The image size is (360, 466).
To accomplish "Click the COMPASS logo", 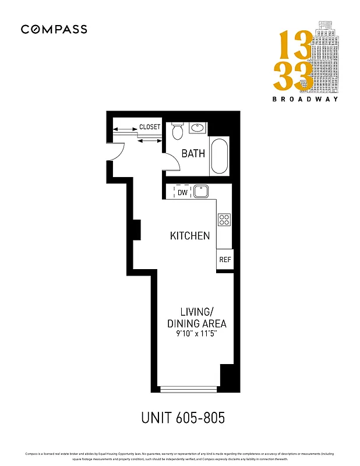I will click(x=54, y=29).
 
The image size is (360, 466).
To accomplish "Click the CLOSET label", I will click(x=150, y=127).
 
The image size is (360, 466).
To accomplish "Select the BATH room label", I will click(x=193, y=154).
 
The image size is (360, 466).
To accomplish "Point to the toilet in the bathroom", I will click(x=178, y=131).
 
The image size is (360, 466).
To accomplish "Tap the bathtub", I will click(x=220, y=156).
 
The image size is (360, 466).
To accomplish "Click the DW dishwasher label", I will click(x=182, y=192).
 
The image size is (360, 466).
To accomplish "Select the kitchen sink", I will click(x=201, y=192).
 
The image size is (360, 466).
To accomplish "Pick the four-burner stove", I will click(x=224, y=220).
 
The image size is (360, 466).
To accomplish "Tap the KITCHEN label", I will click(x=190, y=236).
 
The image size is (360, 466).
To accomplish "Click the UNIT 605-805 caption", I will click(x=182, y=418).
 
